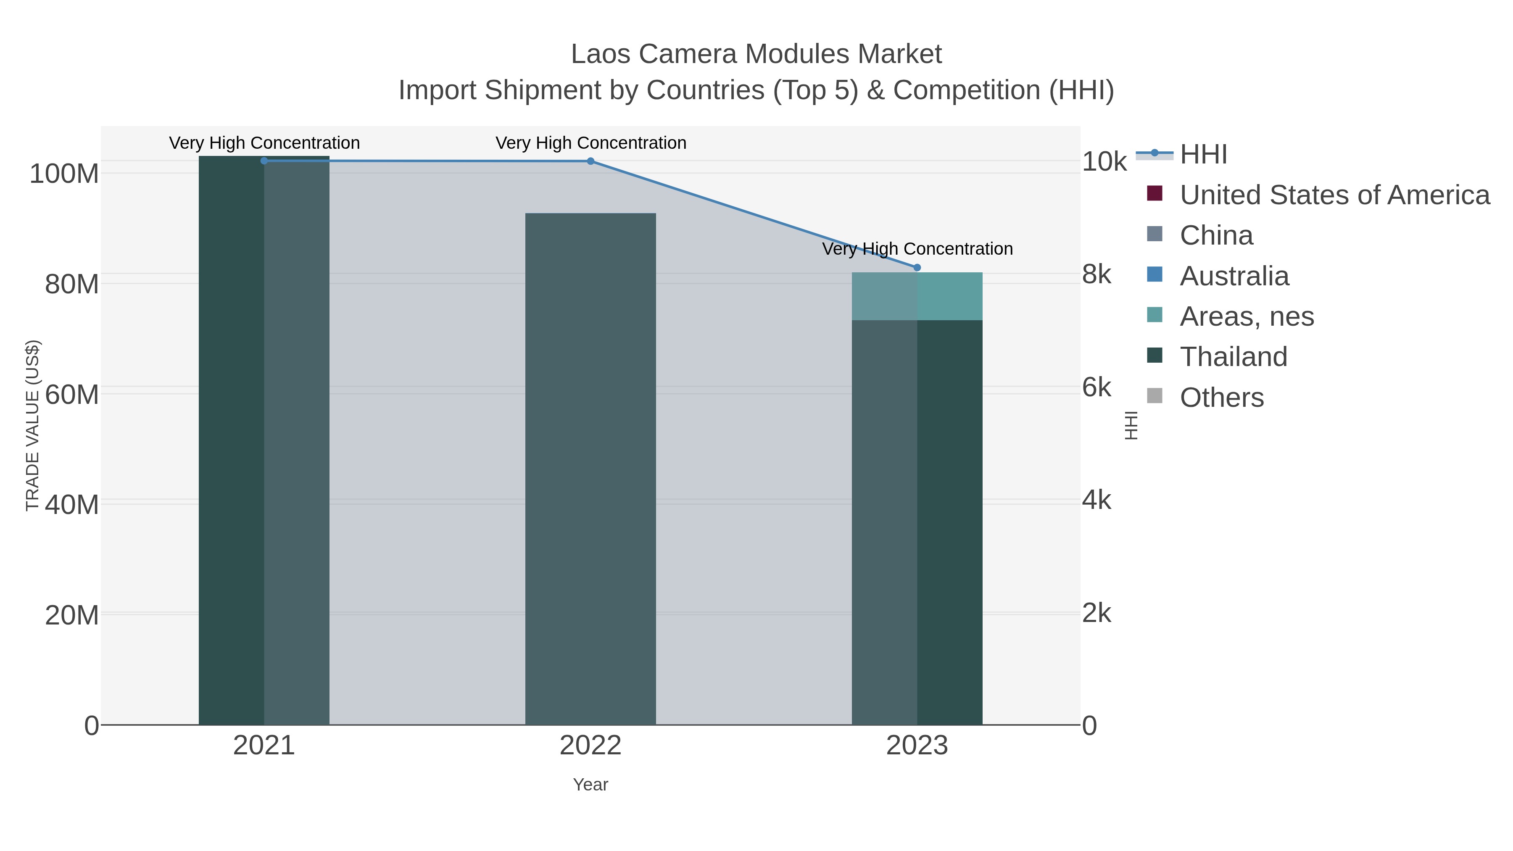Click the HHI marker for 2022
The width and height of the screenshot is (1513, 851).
[x=590, y=161]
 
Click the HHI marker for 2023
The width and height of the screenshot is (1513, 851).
[x=917, y=267]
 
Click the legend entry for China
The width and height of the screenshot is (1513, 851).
[x=1216, y=235]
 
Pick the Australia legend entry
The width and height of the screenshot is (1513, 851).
[x=1234, y=276]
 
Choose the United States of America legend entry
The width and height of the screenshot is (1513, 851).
[x=1334, y=195]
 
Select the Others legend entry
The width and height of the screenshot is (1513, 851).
[x=1222, y=398]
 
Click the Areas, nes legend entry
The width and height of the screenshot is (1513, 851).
[x=1247, y=316]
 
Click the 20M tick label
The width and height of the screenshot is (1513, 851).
[x=71, y=615]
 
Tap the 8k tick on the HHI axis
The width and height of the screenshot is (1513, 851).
[x=1096, y=274]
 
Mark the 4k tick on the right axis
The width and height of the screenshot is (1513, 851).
[x=1096, y=501]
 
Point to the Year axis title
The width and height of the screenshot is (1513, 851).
[x=590, y=785]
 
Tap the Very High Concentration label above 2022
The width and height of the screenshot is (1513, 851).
[x=590, y=143]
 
